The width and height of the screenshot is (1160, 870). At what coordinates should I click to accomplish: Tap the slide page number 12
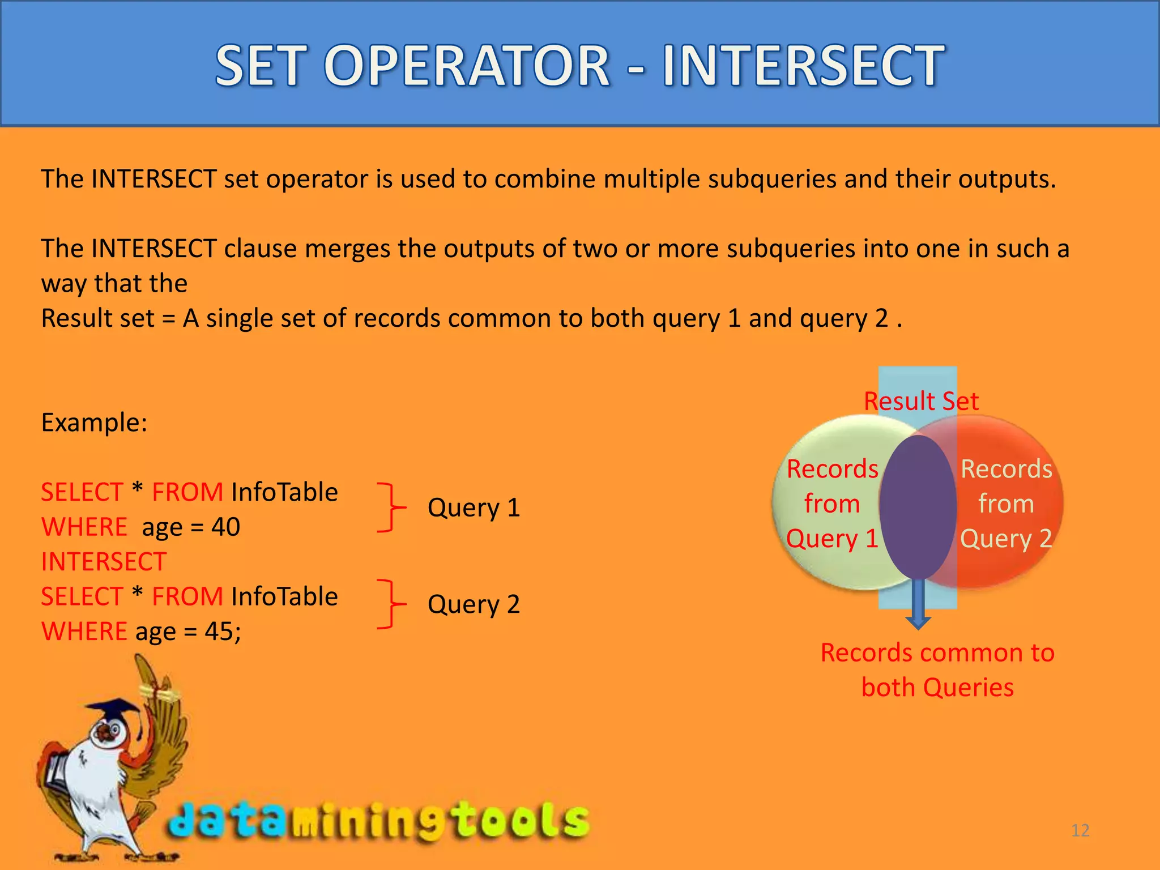[x=1080, y=830]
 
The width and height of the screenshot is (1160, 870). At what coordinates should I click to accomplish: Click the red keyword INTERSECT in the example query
[x=104, y=562]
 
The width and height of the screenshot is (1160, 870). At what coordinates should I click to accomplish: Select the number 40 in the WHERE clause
[x=225, y=527]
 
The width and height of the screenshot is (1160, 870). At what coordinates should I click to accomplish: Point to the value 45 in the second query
[x=219, y=632]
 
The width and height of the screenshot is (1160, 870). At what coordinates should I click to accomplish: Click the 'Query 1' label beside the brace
[x=474, y=507]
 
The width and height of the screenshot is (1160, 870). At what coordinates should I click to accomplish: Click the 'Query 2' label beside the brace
[x=474, y=604]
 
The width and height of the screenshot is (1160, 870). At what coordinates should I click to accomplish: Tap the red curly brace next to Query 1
[x=390, y=507]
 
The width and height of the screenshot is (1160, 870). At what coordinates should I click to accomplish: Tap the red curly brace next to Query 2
[x=390, y=604]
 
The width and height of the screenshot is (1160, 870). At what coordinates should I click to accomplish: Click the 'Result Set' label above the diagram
[x=921, y=402]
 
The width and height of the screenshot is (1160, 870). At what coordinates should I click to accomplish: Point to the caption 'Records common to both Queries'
[x=937, y=670]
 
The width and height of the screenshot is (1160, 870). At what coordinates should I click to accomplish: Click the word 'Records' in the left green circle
[x=832, y=469]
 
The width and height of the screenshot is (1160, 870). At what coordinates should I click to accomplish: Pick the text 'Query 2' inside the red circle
[x=1006, y=539]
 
